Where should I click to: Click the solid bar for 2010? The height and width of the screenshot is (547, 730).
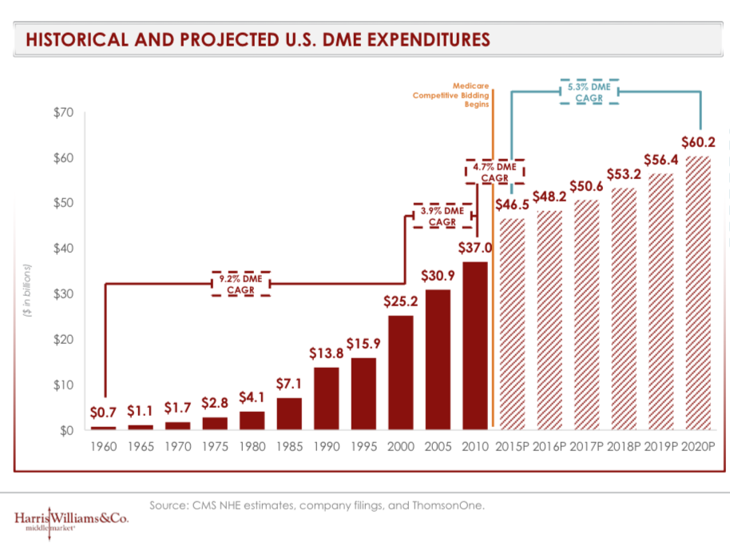click(475, 345)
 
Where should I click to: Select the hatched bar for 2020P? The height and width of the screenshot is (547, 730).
click(699, 293)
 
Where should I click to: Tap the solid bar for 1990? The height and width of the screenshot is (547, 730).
click(327, 398)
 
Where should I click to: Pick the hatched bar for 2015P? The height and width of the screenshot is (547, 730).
click(512, 324)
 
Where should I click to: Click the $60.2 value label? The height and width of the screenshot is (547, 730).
click(699, 142)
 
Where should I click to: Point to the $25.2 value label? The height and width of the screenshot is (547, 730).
click(401, 302)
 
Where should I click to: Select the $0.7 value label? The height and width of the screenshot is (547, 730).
click(103, 413)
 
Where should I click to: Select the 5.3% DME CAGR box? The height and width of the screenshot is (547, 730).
click(589, 92)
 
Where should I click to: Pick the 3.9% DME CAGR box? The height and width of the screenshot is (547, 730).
click(442, 216)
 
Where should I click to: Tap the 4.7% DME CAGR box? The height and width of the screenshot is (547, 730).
click(495, 172)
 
